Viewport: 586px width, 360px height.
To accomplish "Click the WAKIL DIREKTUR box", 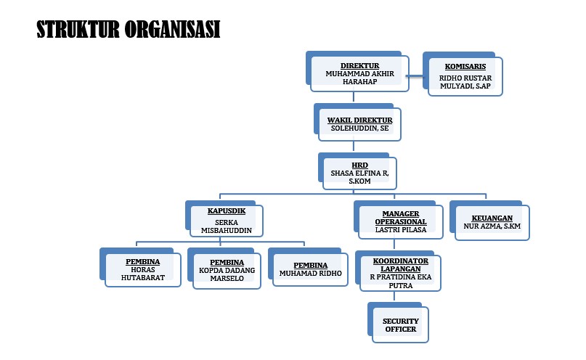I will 359,124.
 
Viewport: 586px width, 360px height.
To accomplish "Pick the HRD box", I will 359,173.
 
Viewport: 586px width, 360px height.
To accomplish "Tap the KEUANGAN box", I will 492,222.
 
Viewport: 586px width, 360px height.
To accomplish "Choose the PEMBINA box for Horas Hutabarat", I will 142,269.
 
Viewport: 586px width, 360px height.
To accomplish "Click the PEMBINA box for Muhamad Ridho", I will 310,269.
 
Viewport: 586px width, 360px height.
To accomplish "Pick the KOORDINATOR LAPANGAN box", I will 400,272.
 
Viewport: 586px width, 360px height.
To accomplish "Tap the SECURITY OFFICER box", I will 400,324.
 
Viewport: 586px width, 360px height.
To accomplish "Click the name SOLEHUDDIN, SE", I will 359,128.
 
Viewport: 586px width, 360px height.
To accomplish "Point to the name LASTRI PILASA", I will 400,229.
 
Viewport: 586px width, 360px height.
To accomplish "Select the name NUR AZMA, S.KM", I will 492,226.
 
